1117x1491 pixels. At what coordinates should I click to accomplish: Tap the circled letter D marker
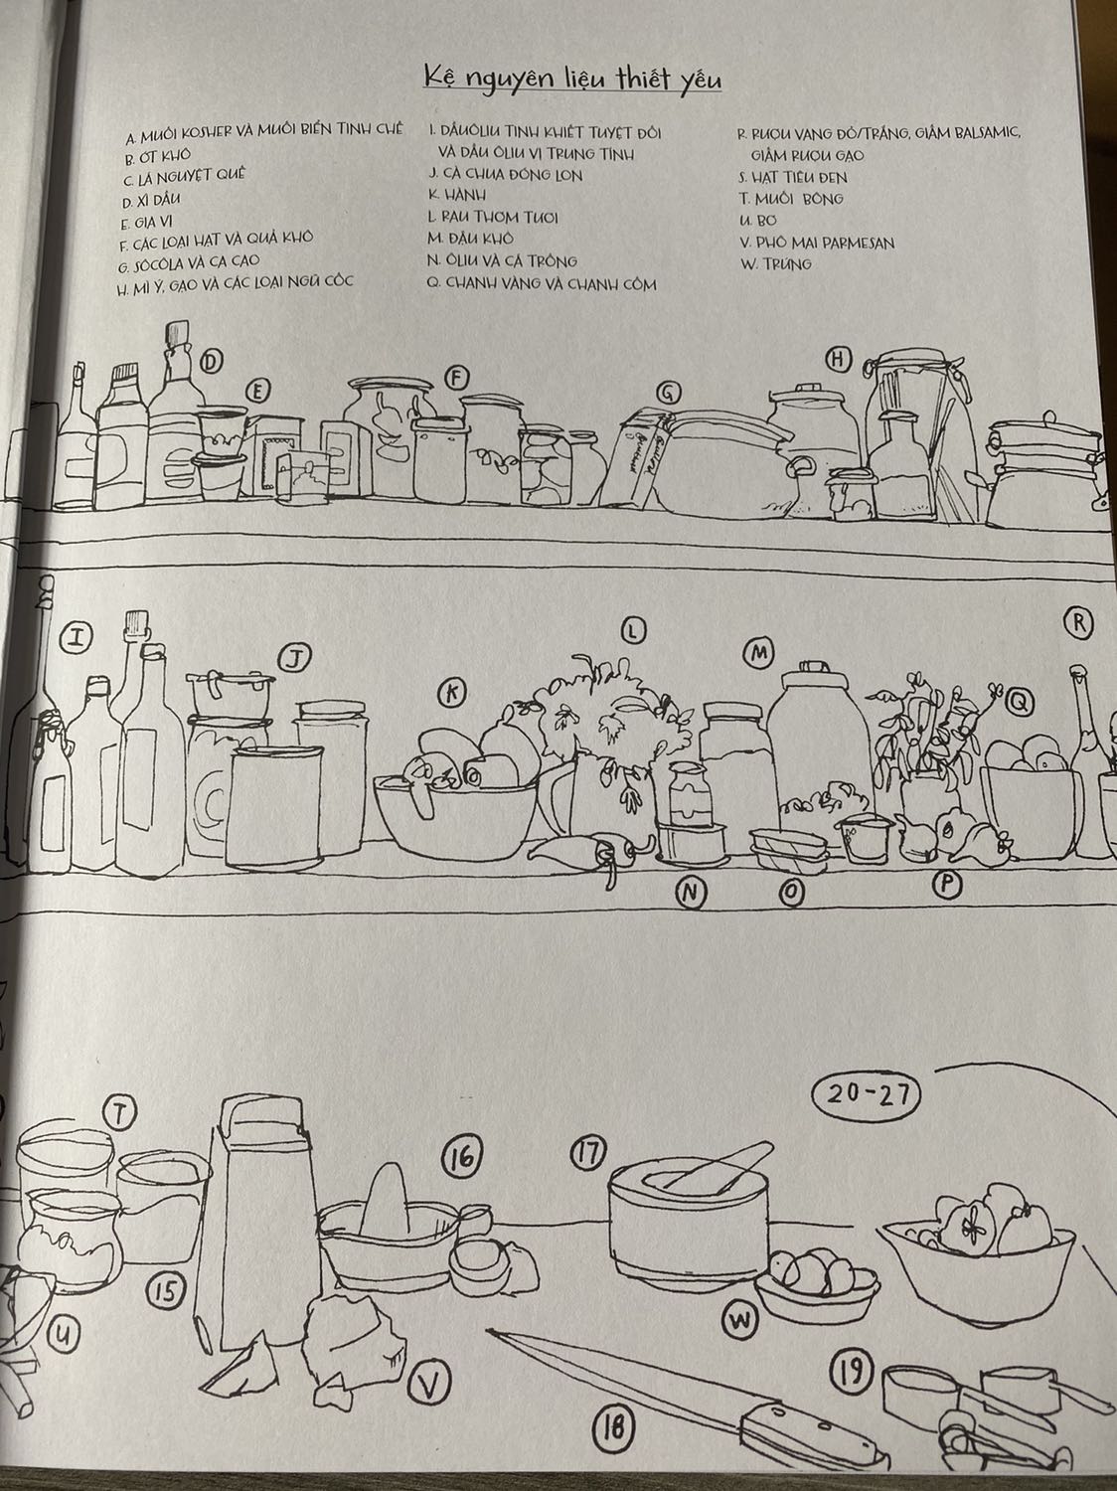[x=212, y=362]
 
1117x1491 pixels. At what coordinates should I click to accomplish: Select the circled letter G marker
[x=670, y=393]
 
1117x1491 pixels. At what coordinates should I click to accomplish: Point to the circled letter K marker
[x=452, y=694]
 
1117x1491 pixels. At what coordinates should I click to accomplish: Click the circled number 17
[x=588, y=1152]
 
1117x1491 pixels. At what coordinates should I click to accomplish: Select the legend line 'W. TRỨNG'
[x=776, y=263]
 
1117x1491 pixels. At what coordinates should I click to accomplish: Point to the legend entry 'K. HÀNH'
[x=456, y=195]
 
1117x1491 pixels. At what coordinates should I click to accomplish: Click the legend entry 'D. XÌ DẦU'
[x=151, y=201]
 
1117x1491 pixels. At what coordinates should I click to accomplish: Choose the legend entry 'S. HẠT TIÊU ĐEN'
[x=793, y=177]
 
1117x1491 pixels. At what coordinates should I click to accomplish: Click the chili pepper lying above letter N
[x=589, y=853]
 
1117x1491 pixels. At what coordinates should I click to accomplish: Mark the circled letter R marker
[x=1078, y=623]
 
